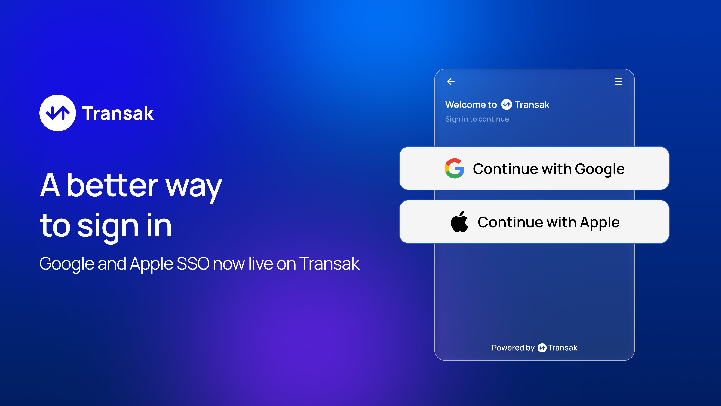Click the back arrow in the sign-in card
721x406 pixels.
[451, 82]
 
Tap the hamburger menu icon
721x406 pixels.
[618, 82]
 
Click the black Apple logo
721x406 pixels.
[459, 222]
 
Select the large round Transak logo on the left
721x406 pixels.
[58, 113]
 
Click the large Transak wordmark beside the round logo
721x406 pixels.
[118, 114]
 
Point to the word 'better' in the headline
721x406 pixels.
[112, 185]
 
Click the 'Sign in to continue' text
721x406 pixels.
[477, 119]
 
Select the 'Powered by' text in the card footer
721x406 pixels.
[513, 348]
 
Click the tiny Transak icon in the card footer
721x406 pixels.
[542, 348]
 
